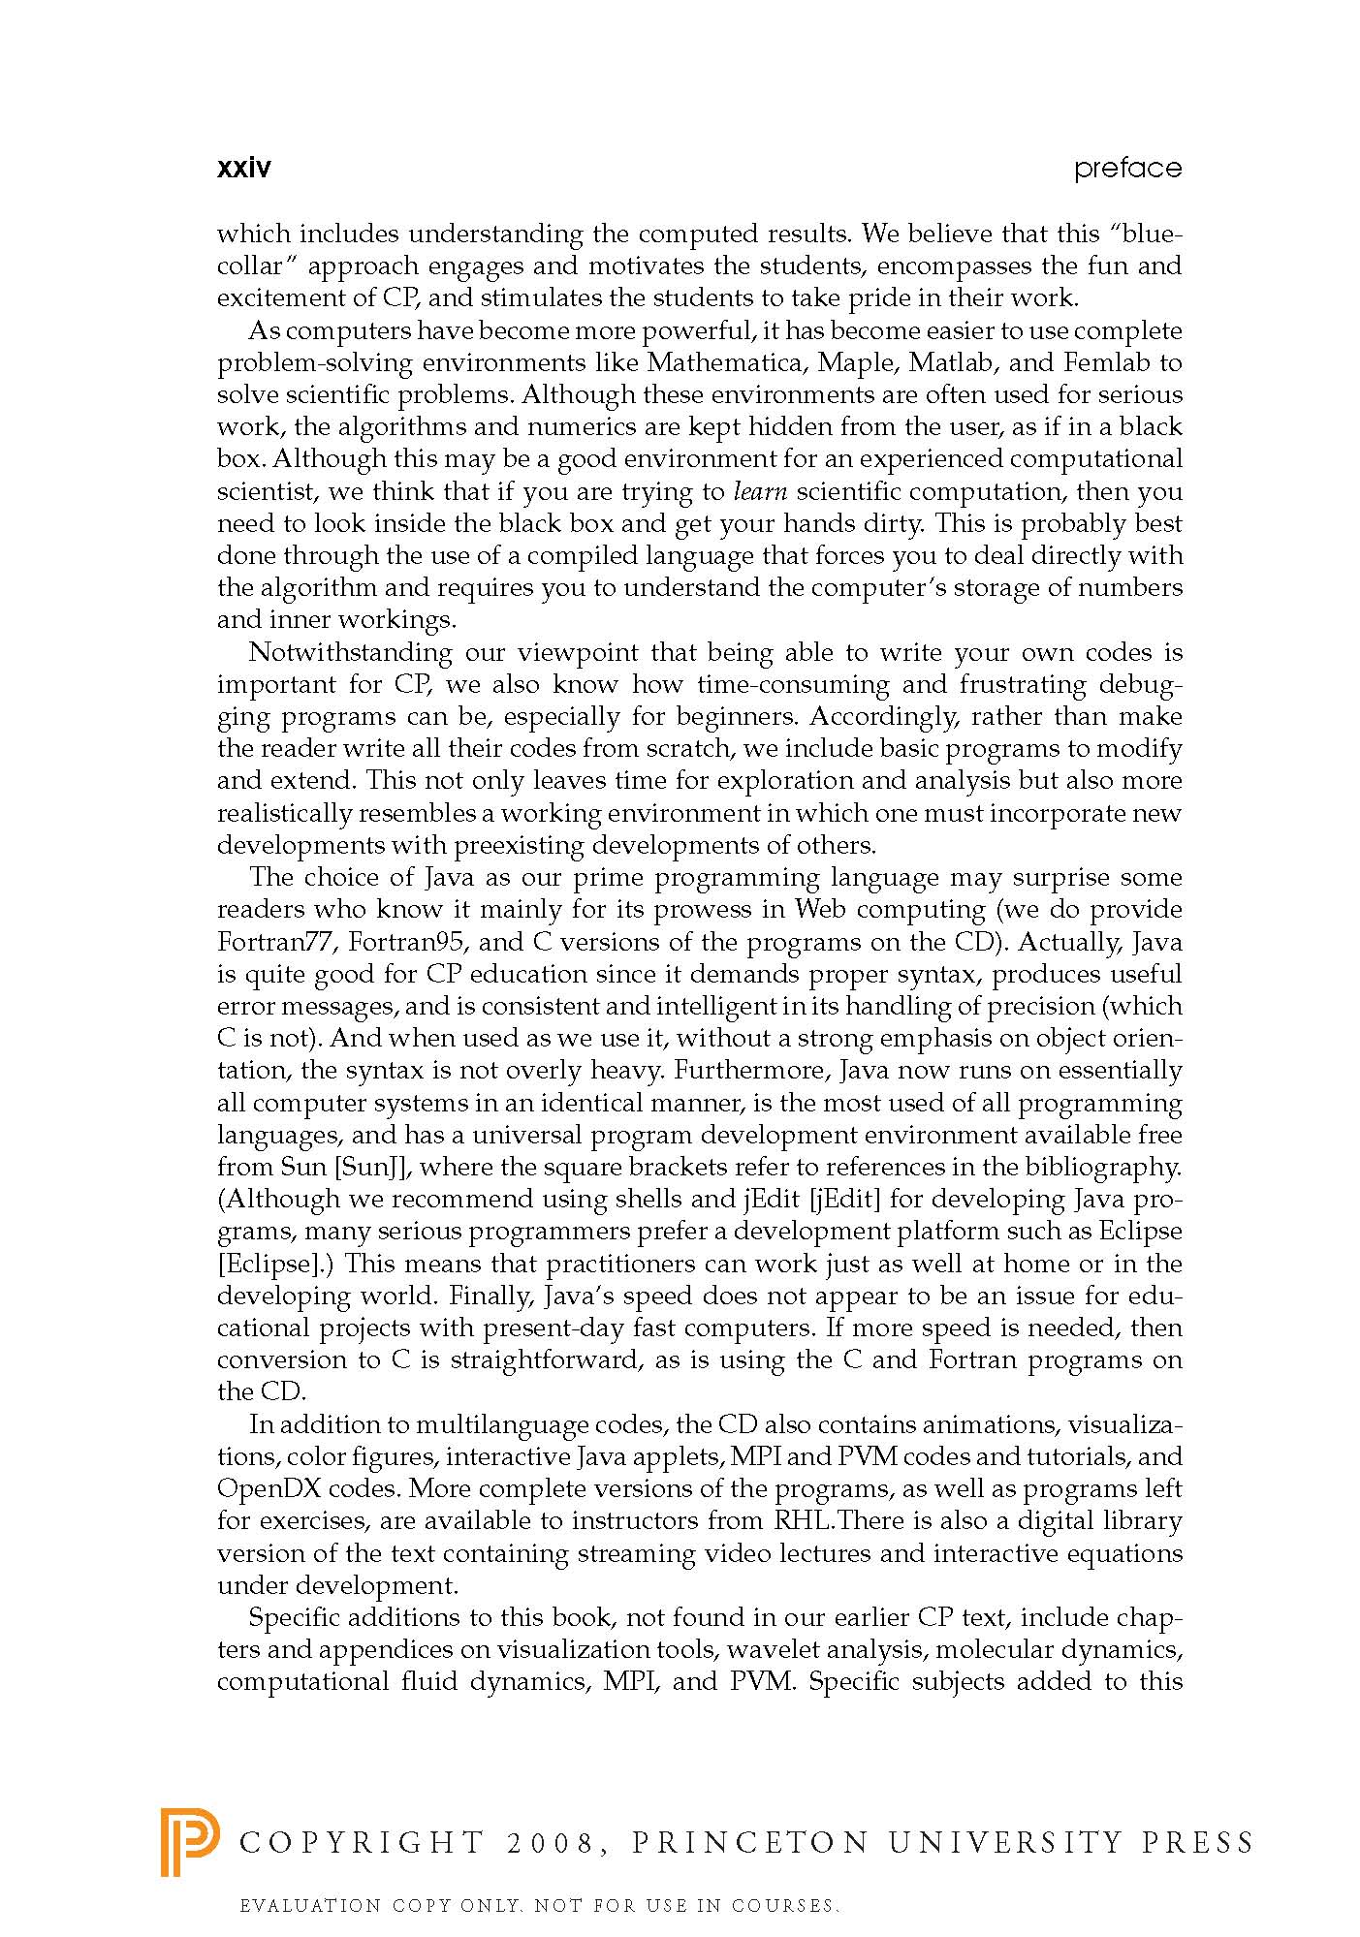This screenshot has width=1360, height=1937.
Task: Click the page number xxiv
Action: point(243,169)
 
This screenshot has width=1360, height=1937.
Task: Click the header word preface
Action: point(1127,170)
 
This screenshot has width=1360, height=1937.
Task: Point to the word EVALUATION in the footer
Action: point(311,1906)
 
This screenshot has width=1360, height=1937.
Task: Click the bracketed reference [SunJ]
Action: point(374,1167)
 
